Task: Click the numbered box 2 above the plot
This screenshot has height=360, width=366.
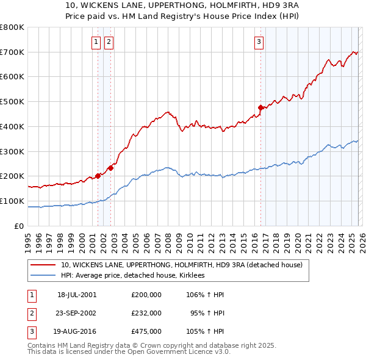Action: [x=109, y=42]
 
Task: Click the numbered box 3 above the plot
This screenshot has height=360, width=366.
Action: [x=259, y=42]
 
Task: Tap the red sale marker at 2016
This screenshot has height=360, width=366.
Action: [x=260, y=108]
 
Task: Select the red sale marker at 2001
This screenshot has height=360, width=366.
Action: [x=98, y=176]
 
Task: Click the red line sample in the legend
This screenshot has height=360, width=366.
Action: [x=43, y=265]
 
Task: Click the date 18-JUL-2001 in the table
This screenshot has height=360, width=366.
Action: [x=77, y=294]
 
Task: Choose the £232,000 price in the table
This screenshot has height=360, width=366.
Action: [x=146, y=313]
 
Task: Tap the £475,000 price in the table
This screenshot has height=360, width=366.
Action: [x=146, y=332]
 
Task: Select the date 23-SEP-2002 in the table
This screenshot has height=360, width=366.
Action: [x=77, y=313]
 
